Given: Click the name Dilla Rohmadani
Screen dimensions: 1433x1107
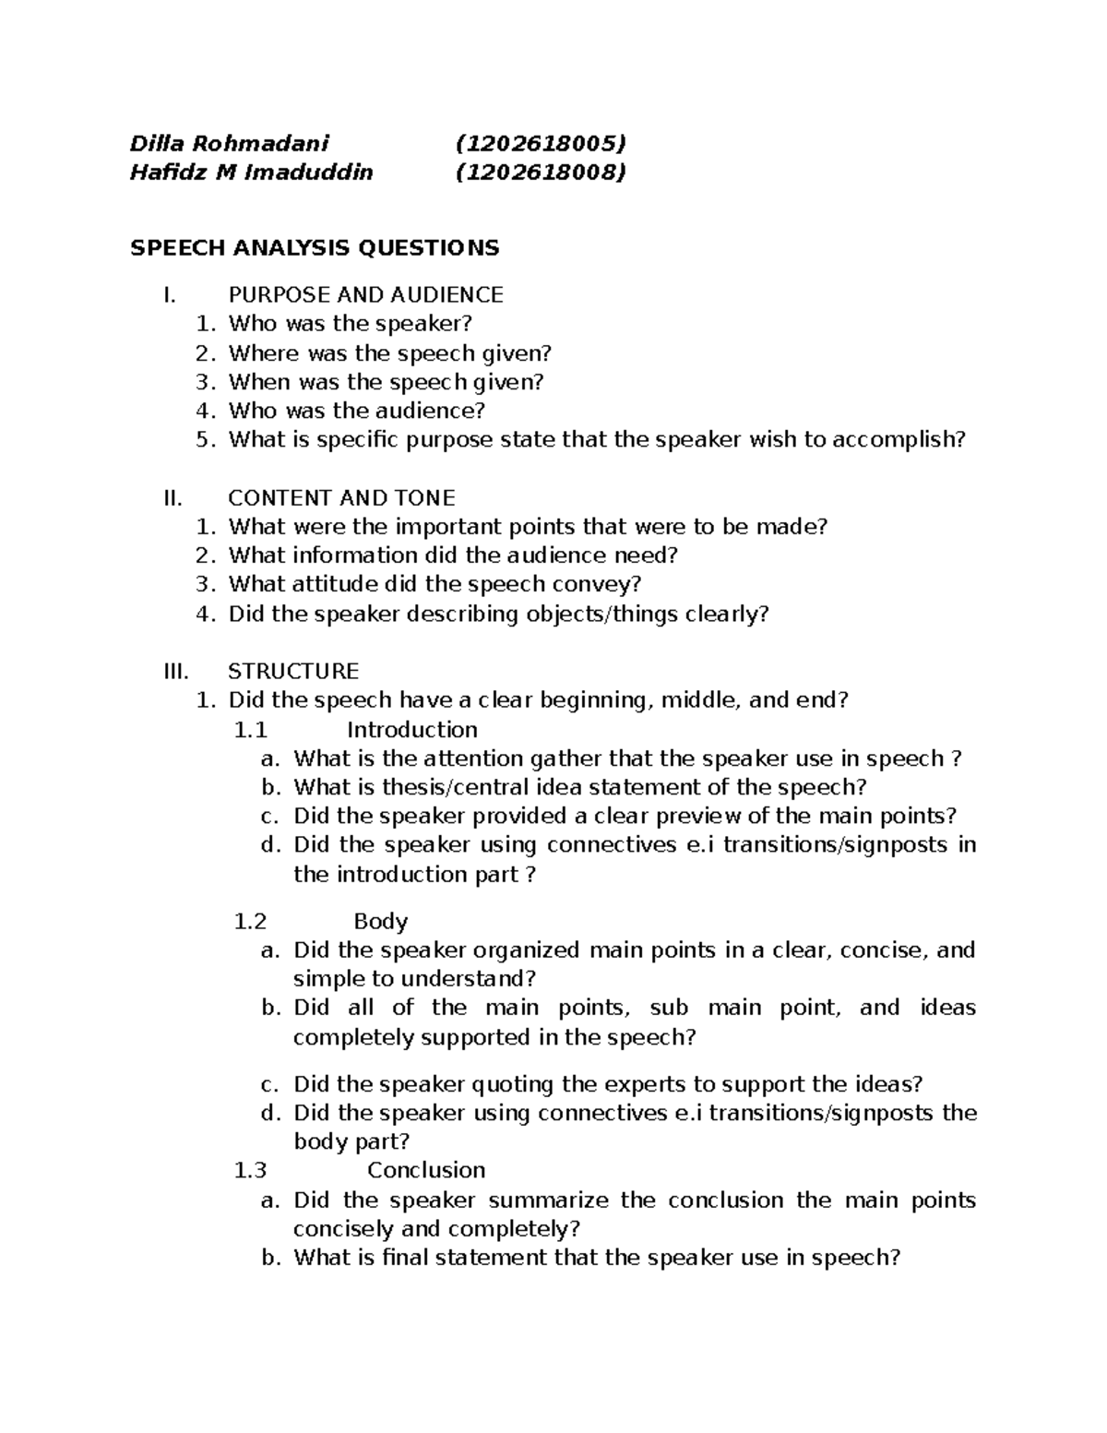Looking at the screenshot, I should pyautogui.click(x=229, y=143).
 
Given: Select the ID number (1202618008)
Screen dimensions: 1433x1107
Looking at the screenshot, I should pyautogui.click(x=541, y=172).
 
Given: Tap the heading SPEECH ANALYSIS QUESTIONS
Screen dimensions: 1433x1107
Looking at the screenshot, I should pyautogui.click(x=315, y=247).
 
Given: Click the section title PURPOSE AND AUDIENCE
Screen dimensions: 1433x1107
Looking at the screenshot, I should pyautogui.click(x=365, y=295).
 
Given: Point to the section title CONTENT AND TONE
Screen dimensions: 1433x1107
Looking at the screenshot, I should pyautogui.click(x=341, y=498).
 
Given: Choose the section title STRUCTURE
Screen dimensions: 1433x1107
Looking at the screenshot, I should pyautogui.click(x=293, y=671).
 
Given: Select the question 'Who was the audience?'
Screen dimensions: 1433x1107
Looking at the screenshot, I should pyautogui.click(x=356, y=411).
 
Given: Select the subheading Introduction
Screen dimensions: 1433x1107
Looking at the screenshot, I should pyautogui.click(x=411, y=730).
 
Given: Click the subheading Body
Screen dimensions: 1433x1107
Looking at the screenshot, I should pyautogui.click(x=380, y=921).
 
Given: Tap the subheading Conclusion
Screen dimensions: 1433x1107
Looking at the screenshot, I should pyautogui.click(x=425, y=1170).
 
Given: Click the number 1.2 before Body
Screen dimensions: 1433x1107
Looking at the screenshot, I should pyautogui.click(x=250, y=921).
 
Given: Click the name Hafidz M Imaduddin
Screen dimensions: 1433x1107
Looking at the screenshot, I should pyautogui.click(x=251, y=172).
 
